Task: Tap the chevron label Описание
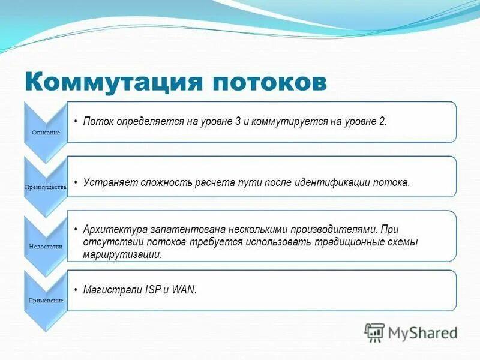[45, 132]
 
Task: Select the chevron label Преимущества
[45, 187]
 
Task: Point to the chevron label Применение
[46, 300]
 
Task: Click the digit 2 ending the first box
[382, 121]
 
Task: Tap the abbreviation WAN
[183, 290]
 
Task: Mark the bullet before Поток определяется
[76, 122]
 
